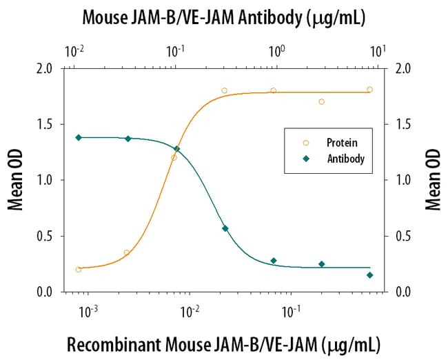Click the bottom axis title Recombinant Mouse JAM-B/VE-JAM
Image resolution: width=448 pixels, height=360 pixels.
click(223, 343)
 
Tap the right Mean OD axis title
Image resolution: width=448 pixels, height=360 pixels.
click(434, 180)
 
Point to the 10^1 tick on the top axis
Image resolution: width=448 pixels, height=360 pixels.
click(376, 50)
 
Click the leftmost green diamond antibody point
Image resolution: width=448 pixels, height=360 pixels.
click(78, 137)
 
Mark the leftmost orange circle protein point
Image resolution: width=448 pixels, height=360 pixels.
click(78, 270)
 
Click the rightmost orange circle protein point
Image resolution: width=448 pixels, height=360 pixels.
click(370, 89)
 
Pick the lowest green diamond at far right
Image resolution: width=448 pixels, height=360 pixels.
click(370, 275)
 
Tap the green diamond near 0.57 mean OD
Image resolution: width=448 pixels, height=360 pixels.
click(225, 228)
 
